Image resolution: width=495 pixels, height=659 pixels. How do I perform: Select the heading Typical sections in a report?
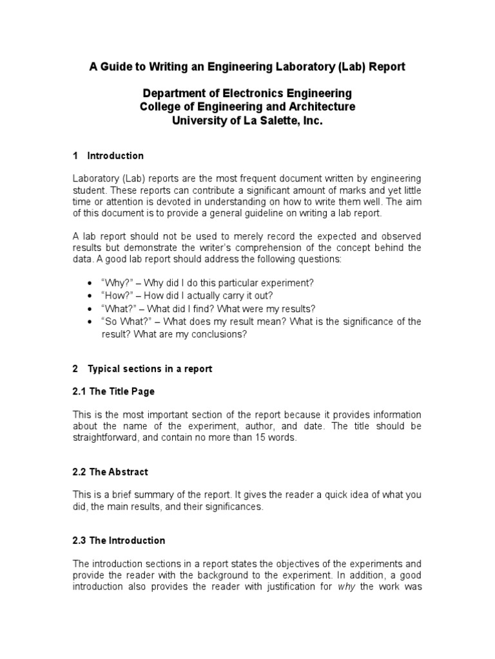(x=150, y=369)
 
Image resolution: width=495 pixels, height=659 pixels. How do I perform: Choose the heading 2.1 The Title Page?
(x=113, y=391)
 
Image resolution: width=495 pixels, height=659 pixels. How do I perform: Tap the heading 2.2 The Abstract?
(x=110, y=472)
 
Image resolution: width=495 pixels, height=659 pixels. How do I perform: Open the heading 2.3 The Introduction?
(x=119, y=541)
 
